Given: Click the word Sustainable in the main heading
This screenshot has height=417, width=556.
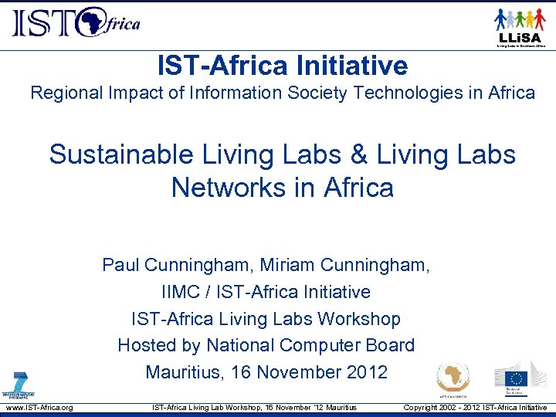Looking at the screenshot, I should pyautogui.click(x=121, y=154).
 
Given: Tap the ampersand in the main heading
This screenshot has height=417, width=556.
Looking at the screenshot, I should pyautogui.click(x=358, y=154).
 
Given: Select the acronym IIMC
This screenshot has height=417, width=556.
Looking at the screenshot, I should pyautogui.click(x=182, y=293).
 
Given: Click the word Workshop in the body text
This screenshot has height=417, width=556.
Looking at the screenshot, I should pyautogui.click(x=362, y=319).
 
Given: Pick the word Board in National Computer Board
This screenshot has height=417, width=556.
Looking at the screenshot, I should pyautogui.click(x=392, y=345).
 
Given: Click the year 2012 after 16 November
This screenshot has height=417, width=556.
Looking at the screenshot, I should pyautogui.click(x=366, y=371).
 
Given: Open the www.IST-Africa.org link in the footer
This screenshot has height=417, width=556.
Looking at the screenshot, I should pyautogui.click(x=39, y=407).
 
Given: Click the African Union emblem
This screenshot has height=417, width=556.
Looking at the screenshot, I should pyautogui.click(x=453, y=380).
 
